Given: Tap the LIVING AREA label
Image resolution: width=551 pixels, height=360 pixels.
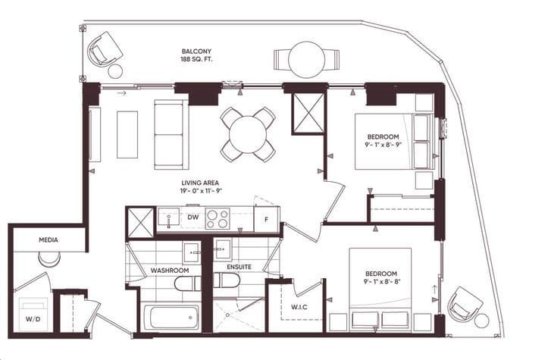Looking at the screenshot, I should pos(201,183).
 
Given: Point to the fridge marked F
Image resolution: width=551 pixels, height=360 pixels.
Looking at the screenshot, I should pos(265,220).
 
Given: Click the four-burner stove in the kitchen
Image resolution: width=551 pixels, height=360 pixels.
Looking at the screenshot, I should pos(218,219).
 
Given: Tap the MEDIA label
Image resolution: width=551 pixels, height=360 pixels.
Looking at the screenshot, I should pos(49,240).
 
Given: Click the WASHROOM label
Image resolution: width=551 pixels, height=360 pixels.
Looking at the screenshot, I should pos(170,270).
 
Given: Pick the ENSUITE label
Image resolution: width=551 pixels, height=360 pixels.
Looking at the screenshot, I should pos(239,268).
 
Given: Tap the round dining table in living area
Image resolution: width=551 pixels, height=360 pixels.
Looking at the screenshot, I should pos(248,134).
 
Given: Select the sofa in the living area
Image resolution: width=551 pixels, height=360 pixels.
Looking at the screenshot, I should pos(171,133).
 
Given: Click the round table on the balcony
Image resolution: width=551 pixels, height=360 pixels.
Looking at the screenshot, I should pos(306,58).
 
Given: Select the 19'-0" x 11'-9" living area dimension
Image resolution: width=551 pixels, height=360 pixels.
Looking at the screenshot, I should pos(201,193).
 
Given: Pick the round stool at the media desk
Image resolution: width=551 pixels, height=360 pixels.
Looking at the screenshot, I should pos(49,259).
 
